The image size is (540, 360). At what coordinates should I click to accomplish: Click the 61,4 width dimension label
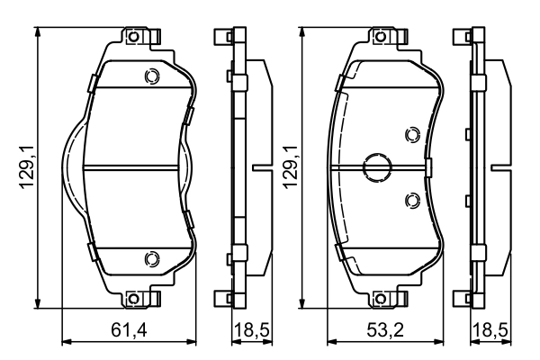coord(130,331)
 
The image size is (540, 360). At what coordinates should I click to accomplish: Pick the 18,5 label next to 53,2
coord(489,331)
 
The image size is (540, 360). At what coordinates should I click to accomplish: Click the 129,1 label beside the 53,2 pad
coord(290,166)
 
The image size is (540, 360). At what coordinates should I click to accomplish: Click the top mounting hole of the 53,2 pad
coord(386,37)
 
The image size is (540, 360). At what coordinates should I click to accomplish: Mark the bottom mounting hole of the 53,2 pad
coord(386,298)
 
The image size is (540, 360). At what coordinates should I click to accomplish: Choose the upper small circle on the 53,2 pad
coord(413,135)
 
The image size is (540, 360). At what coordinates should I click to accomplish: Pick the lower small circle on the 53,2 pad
coord(413,200)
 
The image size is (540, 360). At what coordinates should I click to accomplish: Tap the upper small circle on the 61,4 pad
coord(151,76)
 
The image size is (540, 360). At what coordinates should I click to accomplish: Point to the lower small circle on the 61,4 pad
coord(151,258)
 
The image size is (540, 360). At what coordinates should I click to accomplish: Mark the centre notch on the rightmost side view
coord(500,167)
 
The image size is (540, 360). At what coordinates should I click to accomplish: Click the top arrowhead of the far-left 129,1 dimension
coord(37,30)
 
